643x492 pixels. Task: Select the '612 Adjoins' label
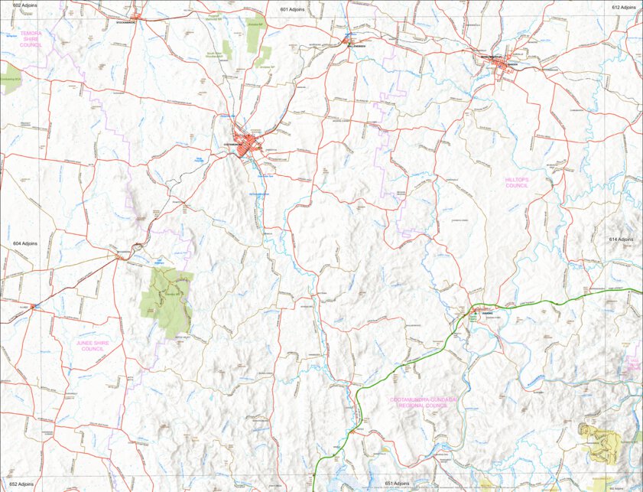click(624, 7)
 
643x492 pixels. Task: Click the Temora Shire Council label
click(31, 40)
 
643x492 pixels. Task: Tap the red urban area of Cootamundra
click(248, 143)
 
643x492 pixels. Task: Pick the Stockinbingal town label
click(125, 22)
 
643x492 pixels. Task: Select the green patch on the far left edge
click(9, 79)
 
